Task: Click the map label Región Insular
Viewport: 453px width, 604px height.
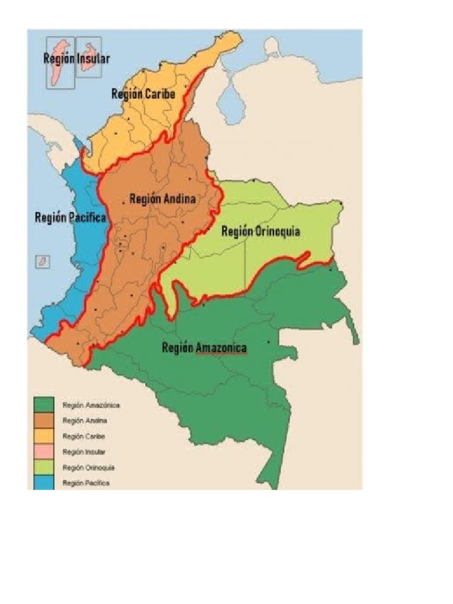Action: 76,58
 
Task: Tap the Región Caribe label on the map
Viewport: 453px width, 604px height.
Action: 143,93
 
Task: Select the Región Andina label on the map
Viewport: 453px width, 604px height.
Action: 162,199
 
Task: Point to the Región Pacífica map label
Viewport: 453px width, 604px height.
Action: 70,217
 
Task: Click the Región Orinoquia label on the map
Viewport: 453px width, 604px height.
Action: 261,231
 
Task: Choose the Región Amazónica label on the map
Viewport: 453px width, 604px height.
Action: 204,348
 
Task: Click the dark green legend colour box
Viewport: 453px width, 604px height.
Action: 44,405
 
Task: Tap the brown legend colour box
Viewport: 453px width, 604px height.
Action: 44,421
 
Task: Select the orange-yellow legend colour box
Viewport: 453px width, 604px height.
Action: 44,436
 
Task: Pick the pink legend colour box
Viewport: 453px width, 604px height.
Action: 44,451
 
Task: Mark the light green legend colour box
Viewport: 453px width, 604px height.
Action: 44,467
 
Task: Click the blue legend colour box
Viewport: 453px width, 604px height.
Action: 44,482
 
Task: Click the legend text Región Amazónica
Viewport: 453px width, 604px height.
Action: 91,405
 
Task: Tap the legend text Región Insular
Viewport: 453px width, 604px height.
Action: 84,452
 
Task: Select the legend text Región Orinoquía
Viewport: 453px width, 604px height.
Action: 88,467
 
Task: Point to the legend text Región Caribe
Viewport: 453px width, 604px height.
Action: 84,436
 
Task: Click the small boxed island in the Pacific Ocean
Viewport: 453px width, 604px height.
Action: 42,261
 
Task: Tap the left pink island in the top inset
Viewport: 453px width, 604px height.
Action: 60,62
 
